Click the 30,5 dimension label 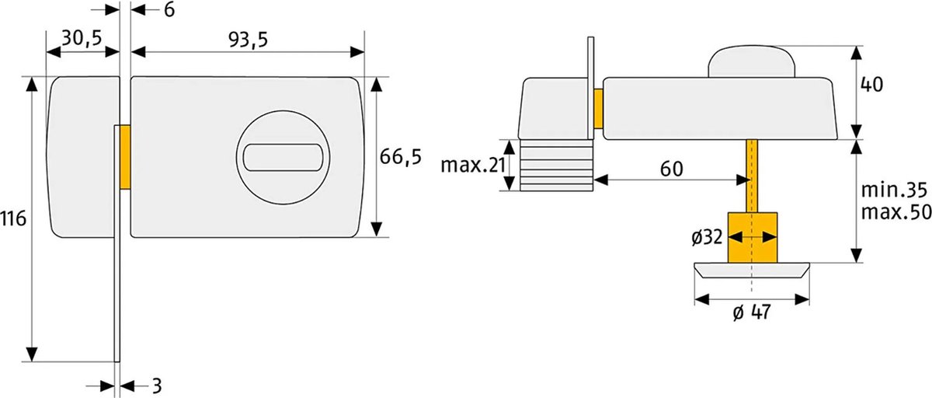click(x=82, y=39)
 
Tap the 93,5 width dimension click(x=249, y=40)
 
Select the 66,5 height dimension click(x=401, y=157)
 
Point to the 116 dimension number click(x=14, y=218)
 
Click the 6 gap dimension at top click(x=169, y=9)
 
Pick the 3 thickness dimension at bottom click(x=156, y=386)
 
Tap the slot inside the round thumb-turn click(x=283, y=157)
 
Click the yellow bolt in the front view click(x=125, y=157)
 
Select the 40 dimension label click(x=871, y=85)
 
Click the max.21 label click(x=473, y=166)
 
